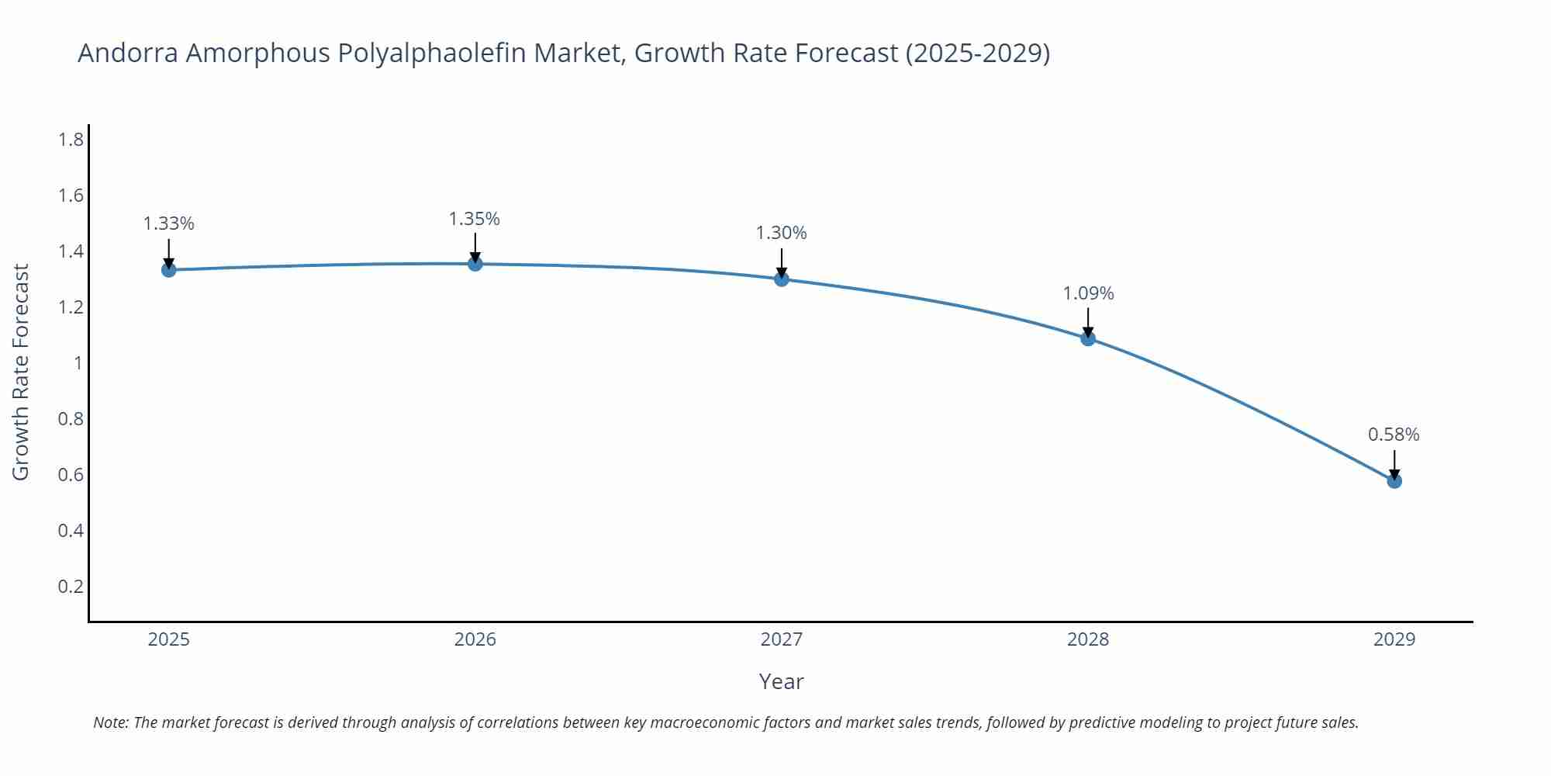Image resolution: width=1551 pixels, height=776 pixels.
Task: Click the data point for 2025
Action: click(x=168, y=270)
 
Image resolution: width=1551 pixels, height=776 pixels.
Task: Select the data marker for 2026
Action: click(x=475, y=264)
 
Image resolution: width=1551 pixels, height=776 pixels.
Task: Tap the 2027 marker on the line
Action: click(x=782, y=279)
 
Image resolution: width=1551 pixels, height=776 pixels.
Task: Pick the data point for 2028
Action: click(x=1088, y=338)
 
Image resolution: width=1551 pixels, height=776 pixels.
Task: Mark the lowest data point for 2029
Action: click(x=1394, y=481)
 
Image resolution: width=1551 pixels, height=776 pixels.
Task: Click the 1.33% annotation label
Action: click(x=168, y=223)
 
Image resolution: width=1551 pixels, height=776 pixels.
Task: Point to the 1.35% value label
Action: click(x=475, y=219)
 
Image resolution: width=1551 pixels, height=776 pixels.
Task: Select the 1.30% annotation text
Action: click(x=782, y=233)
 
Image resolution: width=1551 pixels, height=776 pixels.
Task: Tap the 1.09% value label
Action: click(x=1088, y=293)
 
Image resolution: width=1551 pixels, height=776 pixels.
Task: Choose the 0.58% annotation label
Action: click(x=1394, y=435)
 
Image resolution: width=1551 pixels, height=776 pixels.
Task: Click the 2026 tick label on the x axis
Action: click(x=475, y=639)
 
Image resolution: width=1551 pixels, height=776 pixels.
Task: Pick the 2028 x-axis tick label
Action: click(x=1088, y=639)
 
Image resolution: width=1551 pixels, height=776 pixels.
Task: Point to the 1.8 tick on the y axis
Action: click(x=71, y=140)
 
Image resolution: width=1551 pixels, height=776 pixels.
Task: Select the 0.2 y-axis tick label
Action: click(x=71, y=586)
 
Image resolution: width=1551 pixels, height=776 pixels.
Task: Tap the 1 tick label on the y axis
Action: click(x=78, y=363)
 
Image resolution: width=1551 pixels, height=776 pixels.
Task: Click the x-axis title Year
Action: click(x=781, y=681)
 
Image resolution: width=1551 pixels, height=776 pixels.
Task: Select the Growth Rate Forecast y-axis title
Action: click(x=21, y=372)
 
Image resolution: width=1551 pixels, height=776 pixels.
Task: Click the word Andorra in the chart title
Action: click(x=128, y=53)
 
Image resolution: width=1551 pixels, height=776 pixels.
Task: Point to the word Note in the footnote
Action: click(x=111, y=722)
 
